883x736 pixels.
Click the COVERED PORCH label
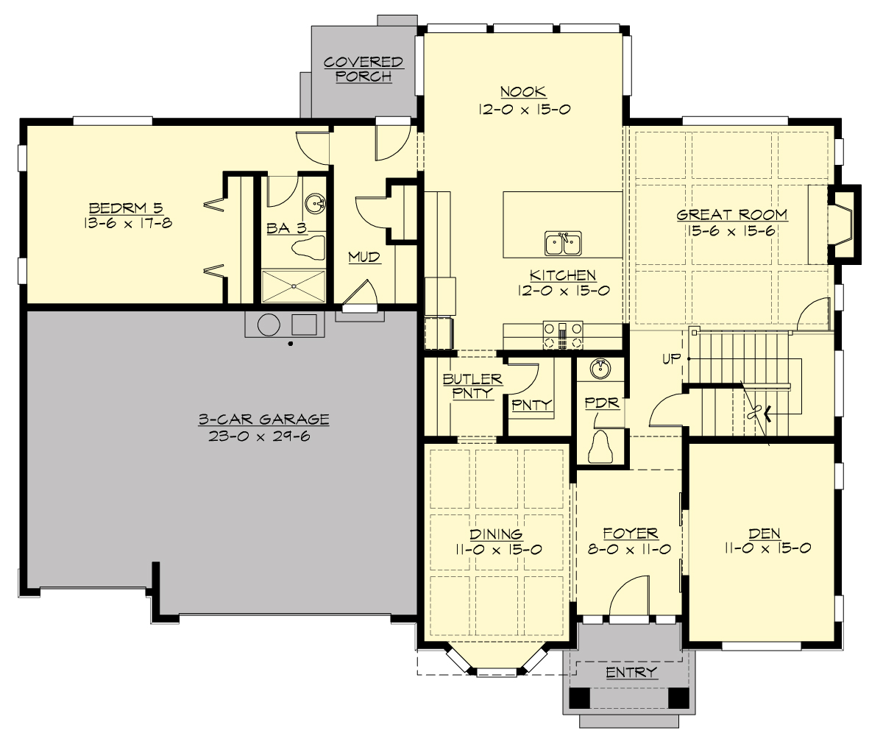coord(364,69)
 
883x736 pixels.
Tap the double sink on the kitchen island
coord(563,242)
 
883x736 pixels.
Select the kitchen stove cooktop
coord(563,335)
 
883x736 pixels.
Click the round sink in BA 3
coord(316,202)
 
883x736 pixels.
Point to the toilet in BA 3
coord(308,247)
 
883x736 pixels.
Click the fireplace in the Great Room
coord(843,224)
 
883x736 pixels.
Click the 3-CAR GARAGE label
coord(263,420)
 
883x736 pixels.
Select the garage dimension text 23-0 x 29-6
coord(263,435)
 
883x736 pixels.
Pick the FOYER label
coord(630,534)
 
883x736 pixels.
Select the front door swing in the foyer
coord(629,595)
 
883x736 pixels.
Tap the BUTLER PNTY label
coord(472,386)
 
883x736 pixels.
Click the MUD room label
coord(364,257)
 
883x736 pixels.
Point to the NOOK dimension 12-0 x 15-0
coord(523,108)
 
